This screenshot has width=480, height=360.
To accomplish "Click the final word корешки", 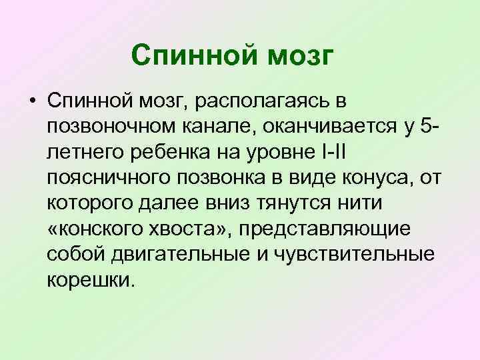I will [x=91, y=278].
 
